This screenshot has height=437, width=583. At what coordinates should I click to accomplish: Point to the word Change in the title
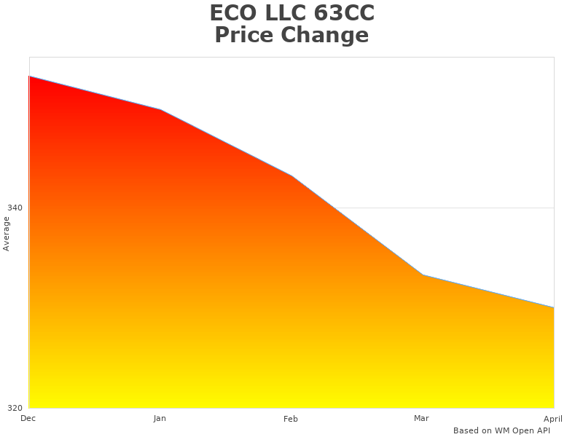(x=327, y=35)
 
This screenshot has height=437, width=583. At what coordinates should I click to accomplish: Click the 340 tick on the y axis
(x=15, y=208)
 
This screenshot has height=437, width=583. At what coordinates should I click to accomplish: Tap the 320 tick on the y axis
(x=15, y=408)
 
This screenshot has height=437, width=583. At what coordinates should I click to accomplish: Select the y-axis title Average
(x=7, y=233)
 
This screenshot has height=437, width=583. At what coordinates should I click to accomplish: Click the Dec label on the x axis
(x=28, y=418)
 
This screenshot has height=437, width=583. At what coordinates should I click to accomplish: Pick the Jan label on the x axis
(x=160, y=418)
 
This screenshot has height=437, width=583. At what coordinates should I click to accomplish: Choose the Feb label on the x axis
(x=291, y=419)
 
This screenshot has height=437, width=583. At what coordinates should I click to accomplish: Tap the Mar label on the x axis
(x=421, y=418)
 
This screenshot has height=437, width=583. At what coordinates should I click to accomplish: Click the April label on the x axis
(x=553, y=419)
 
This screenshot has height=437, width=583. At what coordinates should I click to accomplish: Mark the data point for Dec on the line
(x=29, y=76)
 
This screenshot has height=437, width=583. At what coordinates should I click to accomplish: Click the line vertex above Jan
(x=160, y=109)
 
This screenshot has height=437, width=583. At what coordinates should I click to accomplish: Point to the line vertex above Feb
(x=291, y=176)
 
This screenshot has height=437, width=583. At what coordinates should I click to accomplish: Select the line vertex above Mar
(x=423, y=275)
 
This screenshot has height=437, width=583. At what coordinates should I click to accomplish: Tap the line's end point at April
(x=554, y=307)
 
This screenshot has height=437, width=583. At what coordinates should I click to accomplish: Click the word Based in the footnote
(x=466, y=430)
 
